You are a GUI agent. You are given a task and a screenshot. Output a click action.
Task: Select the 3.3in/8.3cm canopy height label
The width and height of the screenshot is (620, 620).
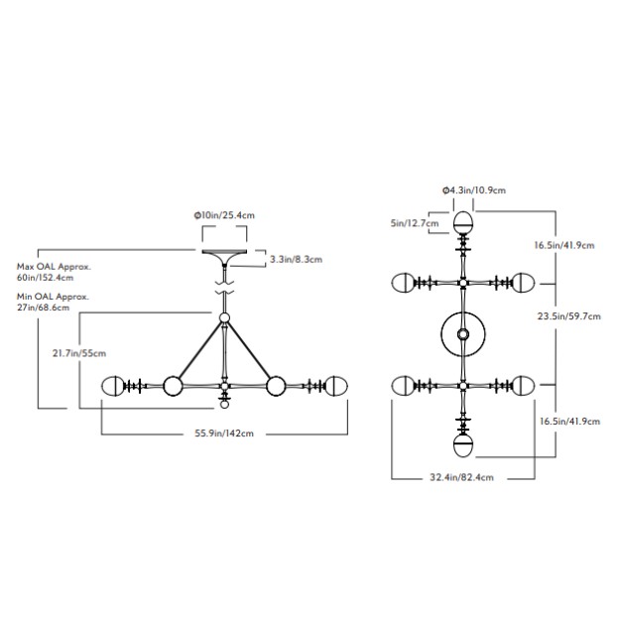(x=296, y=259)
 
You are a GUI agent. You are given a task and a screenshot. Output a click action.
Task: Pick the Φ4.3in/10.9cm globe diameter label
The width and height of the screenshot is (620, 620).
(x=474, y=189)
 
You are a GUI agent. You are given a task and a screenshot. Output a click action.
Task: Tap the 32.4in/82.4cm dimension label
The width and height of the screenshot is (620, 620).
(x=462, y=477)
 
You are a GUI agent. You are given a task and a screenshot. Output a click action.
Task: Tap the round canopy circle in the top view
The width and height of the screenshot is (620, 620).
(x=463, y=336)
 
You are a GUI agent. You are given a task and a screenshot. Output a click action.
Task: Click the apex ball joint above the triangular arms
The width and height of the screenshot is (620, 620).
(x=225, y=318)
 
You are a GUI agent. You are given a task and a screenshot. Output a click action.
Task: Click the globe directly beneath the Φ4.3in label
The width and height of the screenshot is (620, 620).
(x=463, y=220)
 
